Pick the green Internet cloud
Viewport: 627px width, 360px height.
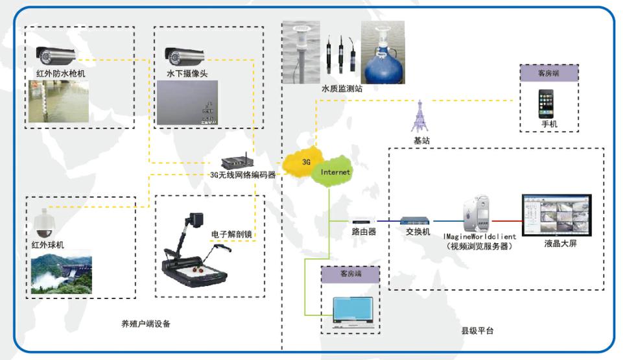click(x=335, y=172)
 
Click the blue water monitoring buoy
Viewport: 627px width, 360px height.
click(x=382, y=57)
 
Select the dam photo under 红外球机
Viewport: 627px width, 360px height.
click(x=62, y=275)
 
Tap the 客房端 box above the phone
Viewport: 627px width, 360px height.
click(x=548, y=73)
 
